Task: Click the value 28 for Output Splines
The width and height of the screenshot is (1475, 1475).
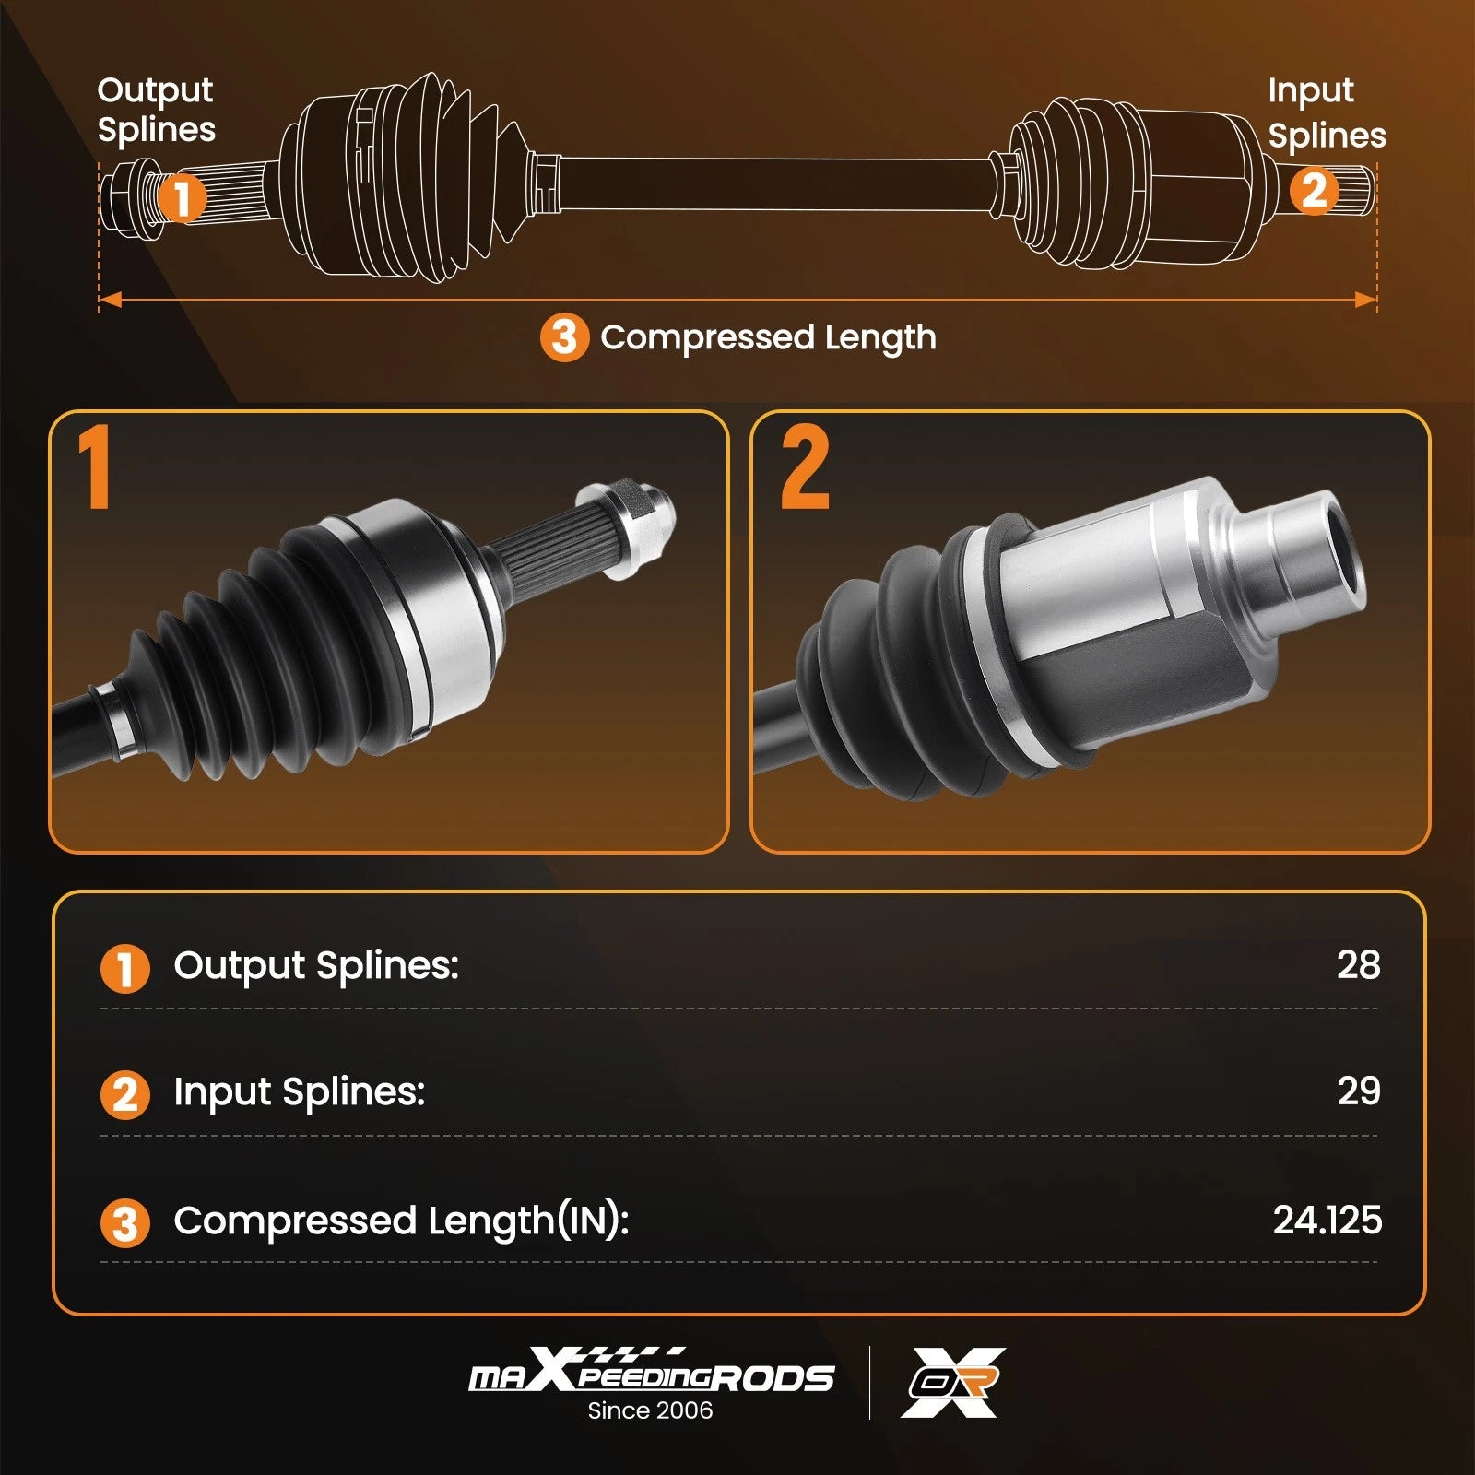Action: click(1358, 964)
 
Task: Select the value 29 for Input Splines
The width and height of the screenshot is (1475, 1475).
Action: click(1359, 1091)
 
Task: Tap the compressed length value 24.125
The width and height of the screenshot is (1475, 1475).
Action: click(1327, 1220)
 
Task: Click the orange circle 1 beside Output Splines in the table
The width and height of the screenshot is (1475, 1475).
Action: click(124, 969)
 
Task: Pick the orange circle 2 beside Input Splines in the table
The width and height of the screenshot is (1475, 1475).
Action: click(124, 1095)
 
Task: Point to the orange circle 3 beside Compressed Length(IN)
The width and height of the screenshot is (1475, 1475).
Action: click(124, 1223)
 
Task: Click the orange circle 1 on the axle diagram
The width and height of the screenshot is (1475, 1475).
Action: click(182, 197)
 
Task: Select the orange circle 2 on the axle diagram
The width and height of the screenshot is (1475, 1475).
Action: click(1313, 191)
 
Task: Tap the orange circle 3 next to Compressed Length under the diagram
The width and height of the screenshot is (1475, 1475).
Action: click(564, 337)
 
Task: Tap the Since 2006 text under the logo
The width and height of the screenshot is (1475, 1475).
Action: click(650, 1410)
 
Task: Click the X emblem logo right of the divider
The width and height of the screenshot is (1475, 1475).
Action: click(953, 1382)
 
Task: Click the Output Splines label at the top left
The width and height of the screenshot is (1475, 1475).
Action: click(156, 110)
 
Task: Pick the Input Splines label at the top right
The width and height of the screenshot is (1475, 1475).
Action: click(1327, 112)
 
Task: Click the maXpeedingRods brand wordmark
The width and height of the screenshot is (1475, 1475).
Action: click(651, 1372)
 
